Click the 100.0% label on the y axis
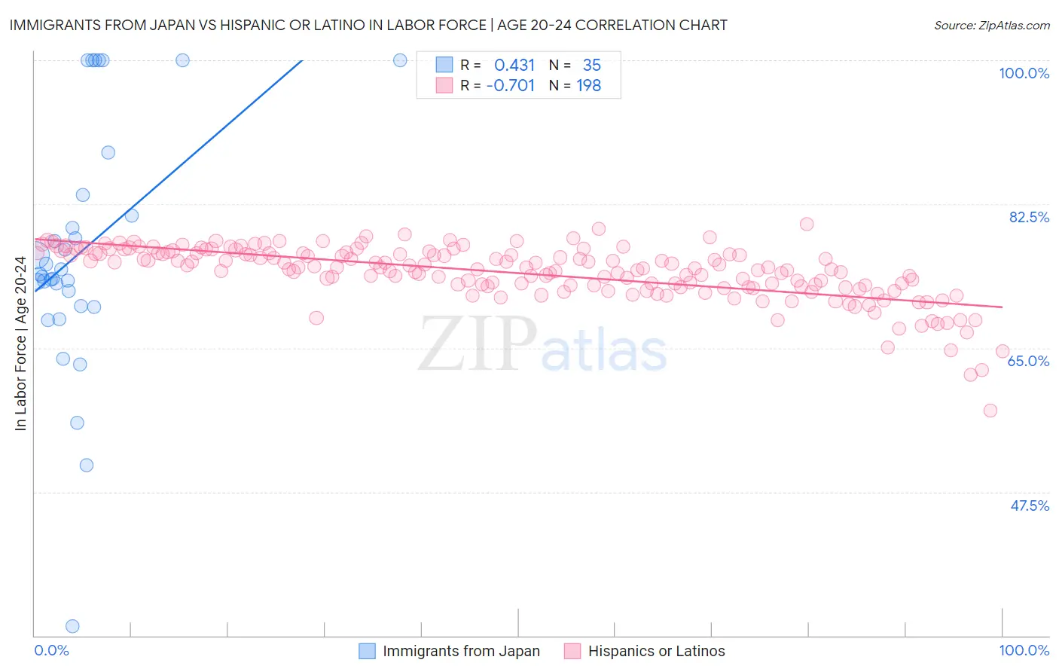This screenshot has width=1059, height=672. point(1024,73)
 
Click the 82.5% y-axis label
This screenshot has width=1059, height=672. point(1029,217)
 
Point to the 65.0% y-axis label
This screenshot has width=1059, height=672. point(1028,361)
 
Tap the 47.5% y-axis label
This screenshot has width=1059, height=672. point(1030,506)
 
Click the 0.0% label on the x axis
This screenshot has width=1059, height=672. point(51,650)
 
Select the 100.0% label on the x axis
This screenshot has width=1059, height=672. point(1024,650)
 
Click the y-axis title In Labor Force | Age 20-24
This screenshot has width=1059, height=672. point(20,344)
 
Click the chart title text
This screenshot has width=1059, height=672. point(368,25)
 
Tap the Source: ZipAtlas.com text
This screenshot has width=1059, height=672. point(991,26)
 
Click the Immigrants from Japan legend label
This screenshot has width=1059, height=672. point(461,651)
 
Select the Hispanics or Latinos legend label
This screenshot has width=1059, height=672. point(656,651)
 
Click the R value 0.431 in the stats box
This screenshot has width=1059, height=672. point(514,66)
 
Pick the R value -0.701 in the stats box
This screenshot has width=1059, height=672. point(511,86)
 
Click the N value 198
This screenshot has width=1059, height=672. point(588,86)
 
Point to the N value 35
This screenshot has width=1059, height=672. point(591,66)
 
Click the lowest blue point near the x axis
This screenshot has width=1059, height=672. point(72,626)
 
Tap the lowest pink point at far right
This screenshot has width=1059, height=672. point(990,411)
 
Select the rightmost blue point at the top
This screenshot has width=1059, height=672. point(401,60)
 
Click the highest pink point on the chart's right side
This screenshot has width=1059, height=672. point(807,224)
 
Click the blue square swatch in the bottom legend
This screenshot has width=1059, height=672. point(367,651)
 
